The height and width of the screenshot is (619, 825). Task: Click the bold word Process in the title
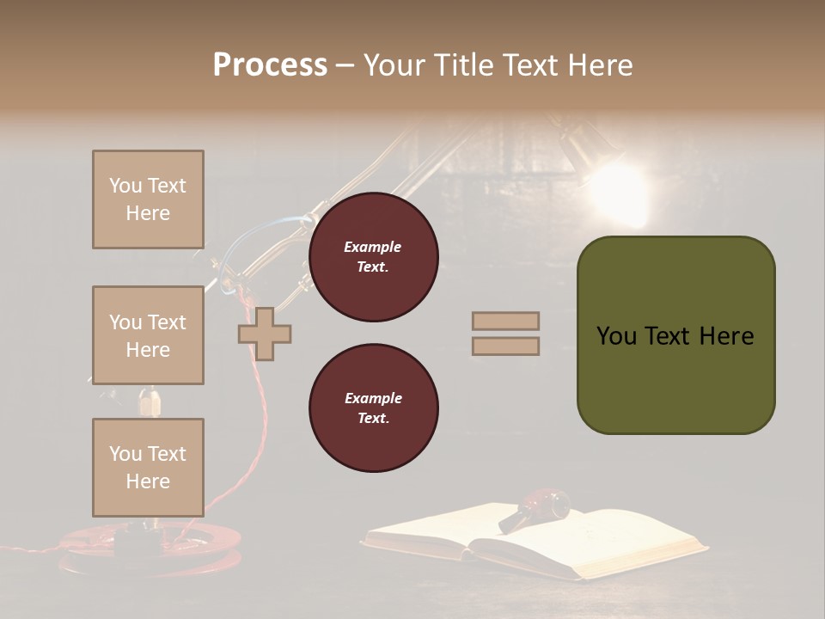[x=270, y=65]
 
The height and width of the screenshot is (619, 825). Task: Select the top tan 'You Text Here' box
[x=148, y=199]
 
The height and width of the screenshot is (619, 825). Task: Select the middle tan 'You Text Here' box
[x=148, y=335]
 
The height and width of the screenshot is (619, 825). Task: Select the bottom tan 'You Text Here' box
[x=148, y=467]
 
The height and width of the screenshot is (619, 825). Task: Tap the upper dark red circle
[x=373, y=257]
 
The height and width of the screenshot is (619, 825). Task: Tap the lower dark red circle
[x=373, y=408]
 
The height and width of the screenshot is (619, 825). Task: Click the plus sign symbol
[x=265, y=334]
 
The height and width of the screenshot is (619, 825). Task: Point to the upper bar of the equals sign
[x=505, y=322]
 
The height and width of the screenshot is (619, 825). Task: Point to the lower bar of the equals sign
[x=505, y=346]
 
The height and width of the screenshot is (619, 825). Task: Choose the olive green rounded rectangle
[x=675, y=335]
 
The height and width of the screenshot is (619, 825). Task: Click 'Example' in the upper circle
[x=373, y=247]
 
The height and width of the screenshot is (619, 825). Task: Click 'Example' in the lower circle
[x=373, y=398]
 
